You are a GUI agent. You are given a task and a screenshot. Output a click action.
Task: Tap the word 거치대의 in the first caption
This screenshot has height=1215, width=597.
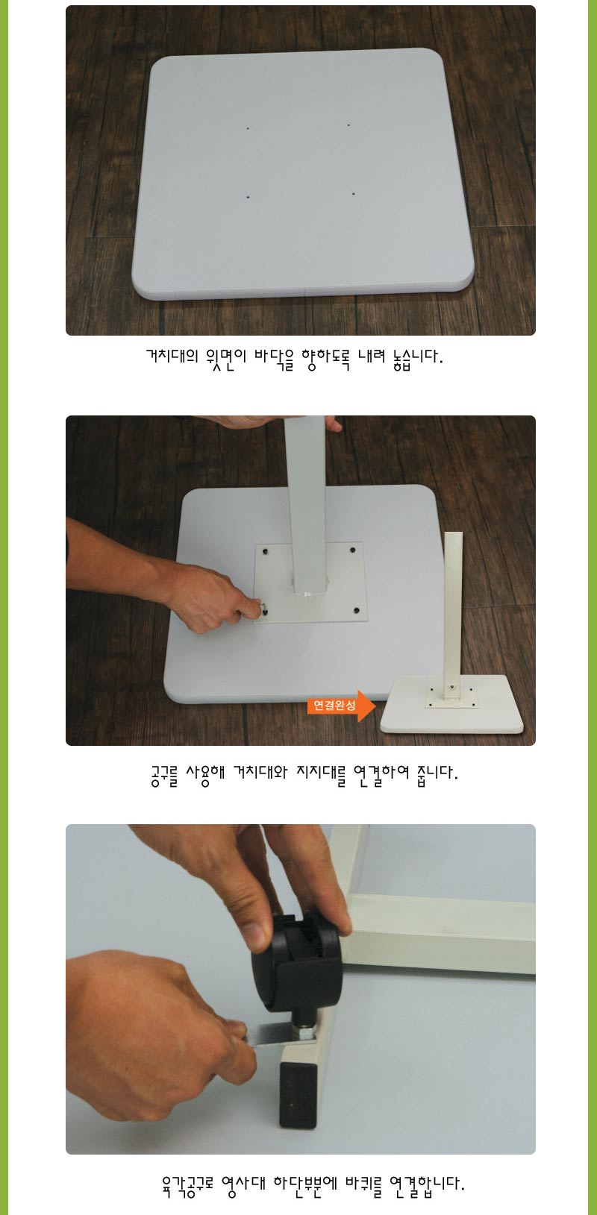(x=172, y=358)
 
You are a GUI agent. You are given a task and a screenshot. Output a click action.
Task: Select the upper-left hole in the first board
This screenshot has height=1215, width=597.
(x=248, y=128)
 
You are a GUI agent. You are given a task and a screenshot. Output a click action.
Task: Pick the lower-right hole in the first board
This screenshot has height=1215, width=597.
(x=353, y=194)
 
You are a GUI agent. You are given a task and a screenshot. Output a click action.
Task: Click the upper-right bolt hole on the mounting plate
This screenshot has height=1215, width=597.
(x=353, y=550)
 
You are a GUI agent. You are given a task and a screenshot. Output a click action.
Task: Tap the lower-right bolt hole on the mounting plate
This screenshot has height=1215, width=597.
(x=357, y=611)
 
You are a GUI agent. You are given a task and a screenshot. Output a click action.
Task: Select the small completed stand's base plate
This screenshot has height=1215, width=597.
(x=452, y=704)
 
